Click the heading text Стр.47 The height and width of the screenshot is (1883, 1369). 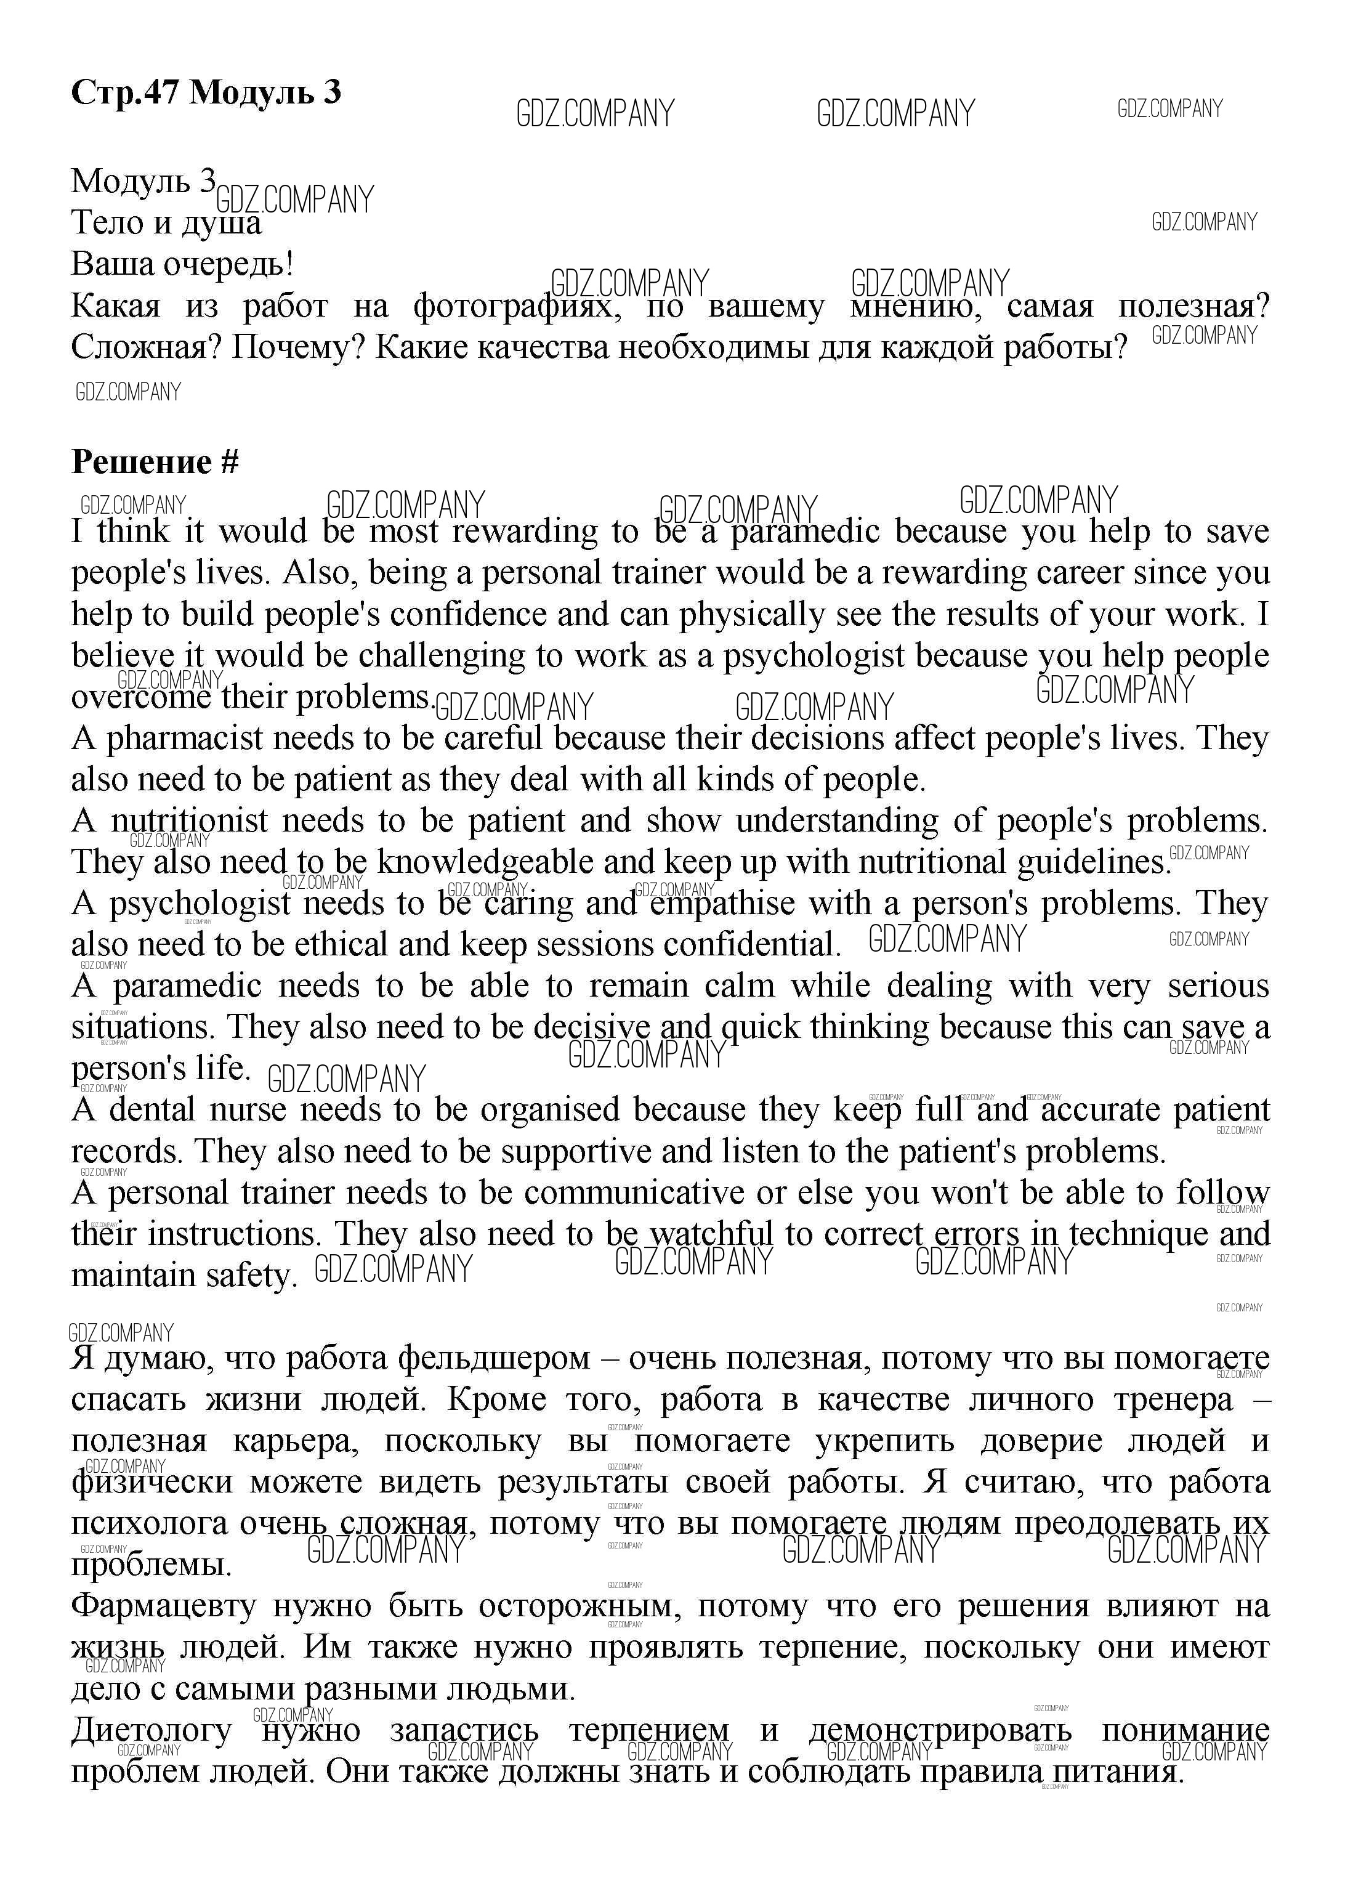coord(124,92)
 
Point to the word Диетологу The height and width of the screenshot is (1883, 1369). coord(151,1731)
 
